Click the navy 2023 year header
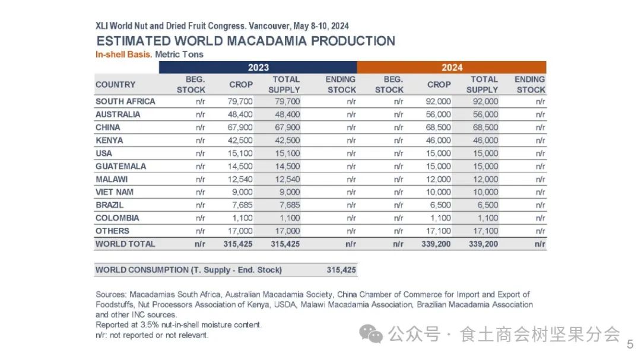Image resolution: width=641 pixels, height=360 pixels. [258, 68]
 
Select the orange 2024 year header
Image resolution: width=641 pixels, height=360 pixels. [452, 68]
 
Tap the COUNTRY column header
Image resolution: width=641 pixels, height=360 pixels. [116, 84]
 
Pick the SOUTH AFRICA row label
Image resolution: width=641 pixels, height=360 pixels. [125, 101]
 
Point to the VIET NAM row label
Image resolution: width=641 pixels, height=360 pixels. [115, 192]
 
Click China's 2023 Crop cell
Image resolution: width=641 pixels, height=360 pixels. [240, 128]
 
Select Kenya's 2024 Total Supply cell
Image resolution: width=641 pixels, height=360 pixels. [485, 141]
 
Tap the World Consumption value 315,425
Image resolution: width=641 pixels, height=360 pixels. [341, 270]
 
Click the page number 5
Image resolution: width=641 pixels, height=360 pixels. [630, 345]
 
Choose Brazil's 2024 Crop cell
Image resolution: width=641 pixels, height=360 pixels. [439, 205]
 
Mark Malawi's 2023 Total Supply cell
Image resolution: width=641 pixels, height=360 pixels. [287, 179]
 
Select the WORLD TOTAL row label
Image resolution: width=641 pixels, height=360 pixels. [125, 244]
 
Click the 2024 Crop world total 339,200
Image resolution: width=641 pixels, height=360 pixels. [438, 244]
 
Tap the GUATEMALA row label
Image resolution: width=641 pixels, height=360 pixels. [120, 166]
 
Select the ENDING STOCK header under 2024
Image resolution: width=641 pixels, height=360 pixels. [530, 84]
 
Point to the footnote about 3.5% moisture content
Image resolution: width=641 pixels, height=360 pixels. [179, 325]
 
